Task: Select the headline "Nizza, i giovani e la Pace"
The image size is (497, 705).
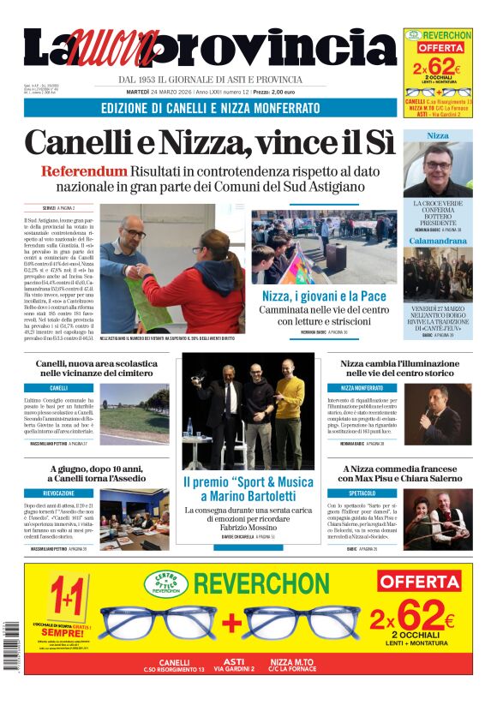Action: point(324,296)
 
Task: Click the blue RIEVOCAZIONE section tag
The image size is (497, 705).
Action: point(60,493)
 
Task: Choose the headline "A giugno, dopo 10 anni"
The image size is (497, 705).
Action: point(96,473)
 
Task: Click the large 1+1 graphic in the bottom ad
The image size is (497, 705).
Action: point(67,594)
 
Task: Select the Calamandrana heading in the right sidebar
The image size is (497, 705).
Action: point(437,241)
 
